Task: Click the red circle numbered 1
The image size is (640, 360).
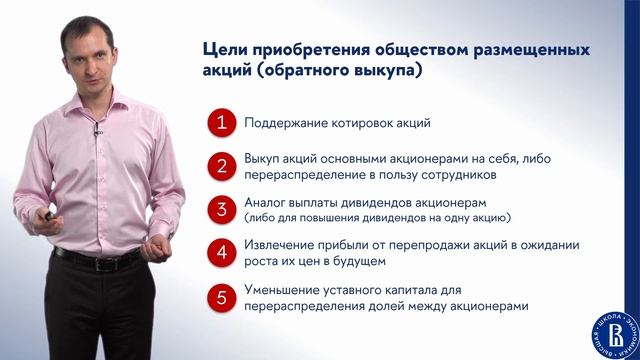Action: (x=222, y=124)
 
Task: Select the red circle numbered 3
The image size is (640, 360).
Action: (x=222, y=210)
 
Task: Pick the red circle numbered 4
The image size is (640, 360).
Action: (x=222, y=253)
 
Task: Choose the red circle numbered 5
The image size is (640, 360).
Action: (x=222, y=297)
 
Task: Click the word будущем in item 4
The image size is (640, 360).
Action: (x=352, y=262)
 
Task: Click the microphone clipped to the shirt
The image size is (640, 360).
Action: (x=97, y=132)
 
